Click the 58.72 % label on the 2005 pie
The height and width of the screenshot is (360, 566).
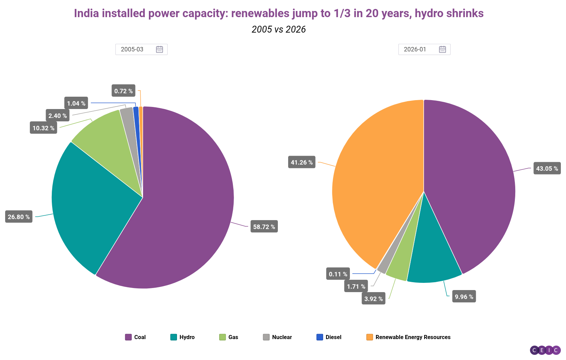[x=264, y=227]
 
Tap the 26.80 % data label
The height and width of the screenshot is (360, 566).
[x=19, y=217]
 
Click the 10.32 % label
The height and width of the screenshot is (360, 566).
[x=43, y=128]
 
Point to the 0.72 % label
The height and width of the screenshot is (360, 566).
[x=123, y=91]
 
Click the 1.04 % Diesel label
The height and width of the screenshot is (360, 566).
[x=76, y=103]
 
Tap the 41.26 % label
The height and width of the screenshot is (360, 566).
[x=302, y=162]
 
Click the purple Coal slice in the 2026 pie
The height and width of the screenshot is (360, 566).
[x=473, y=182]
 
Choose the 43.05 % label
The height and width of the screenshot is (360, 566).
[x=547, y=168]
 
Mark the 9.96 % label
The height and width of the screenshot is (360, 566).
[x=464, y=297]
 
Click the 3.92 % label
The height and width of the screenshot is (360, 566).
[x=373, y=299]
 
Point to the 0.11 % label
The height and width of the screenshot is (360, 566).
[x=338, y=274]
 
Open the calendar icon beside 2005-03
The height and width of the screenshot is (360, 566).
[x=160, y=49]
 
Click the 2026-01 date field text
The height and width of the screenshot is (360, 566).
[x=415, y=49]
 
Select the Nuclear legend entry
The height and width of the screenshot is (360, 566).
[x=278, y=337]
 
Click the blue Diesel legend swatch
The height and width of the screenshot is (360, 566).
[x=320, y=337]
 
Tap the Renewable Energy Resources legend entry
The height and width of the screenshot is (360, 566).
[x=409, y=337]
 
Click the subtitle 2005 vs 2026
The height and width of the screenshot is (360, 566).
[x=279, y=29]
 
